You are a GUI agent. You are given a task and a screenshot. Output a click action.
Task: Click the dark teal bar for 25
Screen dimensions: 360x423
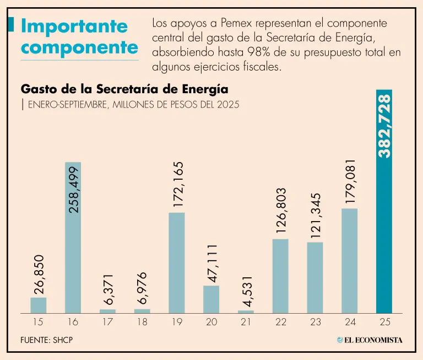[384, 221]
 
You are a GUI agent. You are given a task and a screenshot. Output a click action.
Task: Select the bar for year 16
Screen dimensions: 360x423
[73, 237]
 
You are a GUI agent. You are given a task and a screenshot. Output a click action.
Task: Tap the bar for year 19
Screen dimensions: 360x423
[176, 262]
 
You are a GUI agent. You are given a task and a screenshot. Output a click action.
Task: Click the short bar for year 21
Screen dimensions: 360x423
[246, 311]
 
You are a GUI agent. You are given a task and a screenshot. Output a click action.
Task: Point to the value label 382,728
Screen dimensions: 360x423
[384, 126]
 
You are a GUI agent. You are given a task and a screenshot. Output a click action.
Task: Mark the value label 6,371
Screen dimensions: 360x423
[108, 289]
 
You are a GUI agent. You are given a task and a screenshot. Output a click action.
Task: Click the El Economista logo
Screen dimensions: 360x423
[370, 340]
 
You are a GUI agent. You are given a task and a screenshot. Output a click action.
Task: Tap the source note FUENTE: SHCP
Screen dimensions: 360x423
[46, 340]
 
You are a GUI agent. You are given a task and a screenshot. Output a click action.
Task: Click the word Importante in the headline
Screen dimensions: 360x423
[74, 26]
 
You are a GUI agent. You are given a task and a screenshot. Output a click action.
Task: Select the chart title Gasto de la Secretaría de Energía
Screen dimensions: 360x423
[124, 89]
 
